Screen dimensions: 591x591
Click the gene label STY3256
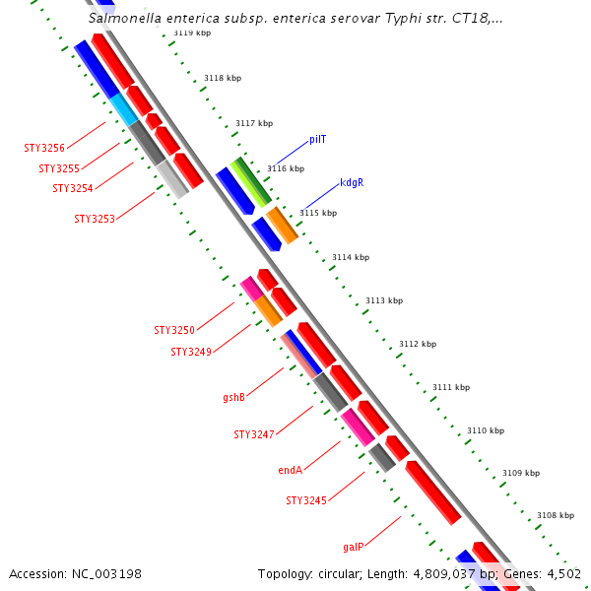point(44,149)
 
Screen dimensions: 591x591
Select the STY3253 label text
point(95,219)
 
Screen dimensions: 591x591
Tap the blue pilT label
point(317,140)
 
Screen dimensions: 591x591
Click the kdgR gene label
point(352,183)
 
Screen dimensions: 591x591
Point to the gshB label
point(233,398)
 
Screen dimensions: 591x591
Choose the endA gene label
point(290,471)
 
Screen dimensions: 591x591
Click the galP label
point(354,547)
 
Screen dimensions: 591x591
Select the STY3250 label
point(174,330)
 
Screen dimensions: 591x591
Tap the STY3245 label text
point(306,501)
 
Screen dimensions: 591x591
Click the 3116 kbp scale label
point(285,168)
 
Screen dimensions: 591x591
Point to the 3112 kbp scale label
point(417,344)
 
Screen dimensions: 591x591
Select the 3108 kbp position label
point(555,516)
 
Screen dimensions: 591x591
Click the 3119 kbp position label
point(191,33)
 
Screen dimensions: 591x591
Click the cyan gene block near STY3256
point(124,109)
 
